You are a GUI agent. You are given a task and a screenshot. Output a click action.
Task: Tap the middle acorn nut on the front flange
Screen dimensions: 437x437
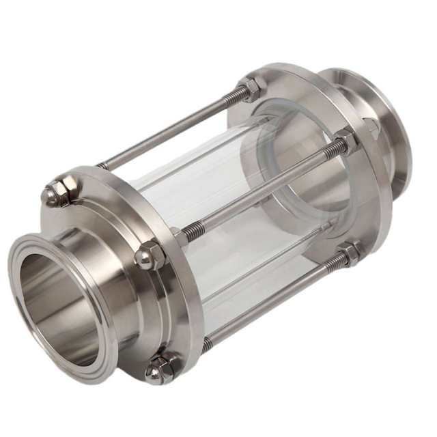click(148, 256)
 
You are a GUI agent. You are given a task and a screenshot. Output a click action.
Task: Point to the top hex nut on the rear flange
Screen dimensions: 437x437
click(252, 88)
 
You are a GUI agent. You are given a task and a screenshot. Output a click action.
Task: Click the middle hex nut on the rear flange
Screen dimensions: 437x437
click(346, 142)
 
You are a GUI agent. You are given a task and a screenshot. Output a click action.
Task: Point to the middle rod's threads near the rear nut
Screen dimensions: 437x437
click(328, 154)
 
